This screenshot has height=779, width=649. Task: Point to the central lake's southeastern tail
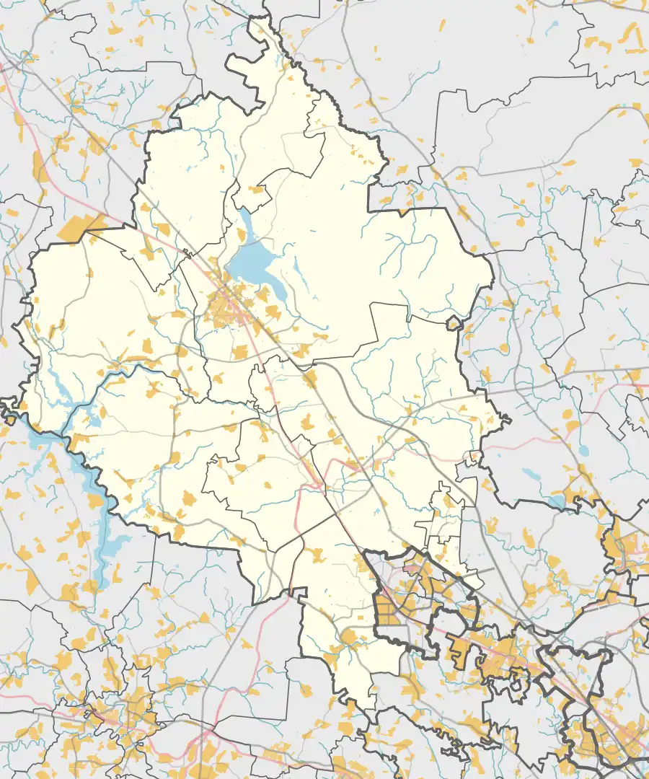click(x=278, y=291)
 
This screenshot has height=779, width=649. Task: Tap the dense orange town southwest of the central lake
click(x=224, y=310)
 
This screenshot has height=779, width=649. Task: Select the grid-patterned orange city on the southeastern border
click(x=393, y=606)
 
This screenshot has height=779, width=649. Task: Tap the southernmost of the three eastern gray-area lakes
click(x=556, y=501)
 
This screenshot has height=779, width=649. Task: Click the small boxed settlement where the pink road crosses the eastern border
click(x=474, y=456)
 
